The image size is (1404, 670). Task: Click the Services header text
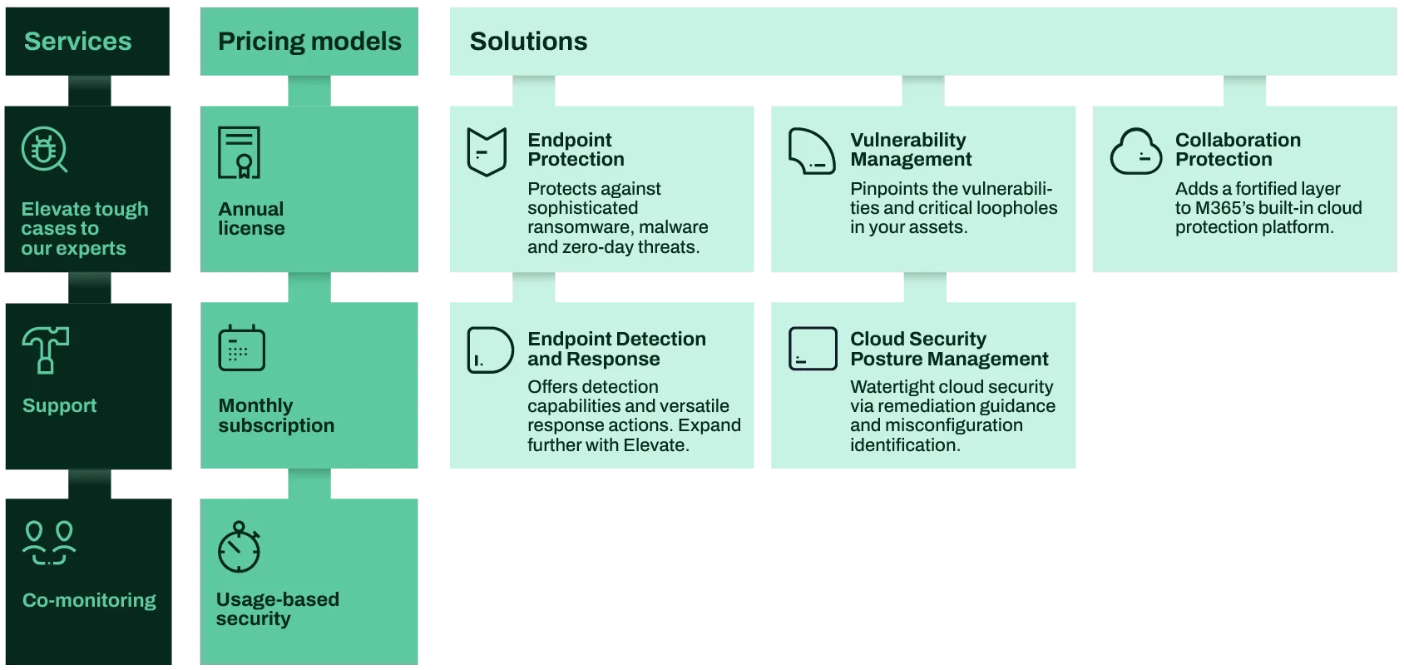[x=77, y=42]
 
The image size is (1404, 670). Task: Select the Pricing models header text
[x=309, y=42]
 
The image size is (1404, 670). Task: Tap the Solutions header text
[x=528, y=42]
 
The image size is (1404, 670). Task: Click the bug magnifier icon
[x=45, y=150]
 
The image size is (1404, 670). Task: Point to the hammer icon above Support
[x=45, y=350]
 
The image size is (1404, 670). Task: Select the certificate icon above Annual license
[x=239, y=152]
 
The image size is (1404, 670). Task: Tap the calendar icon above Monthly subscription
[x=241, y=348]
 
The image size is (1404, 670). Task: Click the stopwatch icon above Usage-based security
[x=239, y=547]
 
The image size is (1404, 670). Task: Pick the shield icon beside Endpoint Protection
[x=487, y=151]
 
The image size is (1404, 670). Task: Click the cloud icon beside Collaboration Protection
[x=1135, y=151]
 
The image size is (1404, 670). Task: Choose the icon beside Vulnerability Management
[x=812, y=151]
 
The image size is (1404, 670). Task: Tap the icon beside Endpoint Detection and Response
[x=490, y=350]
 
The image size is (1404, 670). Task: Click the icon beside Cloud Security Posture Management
[x=813, y=348]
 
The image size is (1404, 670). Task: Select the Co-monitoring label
[x=89, y=600]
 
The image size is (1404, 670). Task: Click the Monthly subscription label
[x=276, y=415]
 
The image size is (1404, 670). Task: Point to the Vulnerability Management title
[x=911, y=149]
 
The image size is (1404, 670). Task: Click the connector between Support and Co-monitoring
[x=90, y=484]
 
